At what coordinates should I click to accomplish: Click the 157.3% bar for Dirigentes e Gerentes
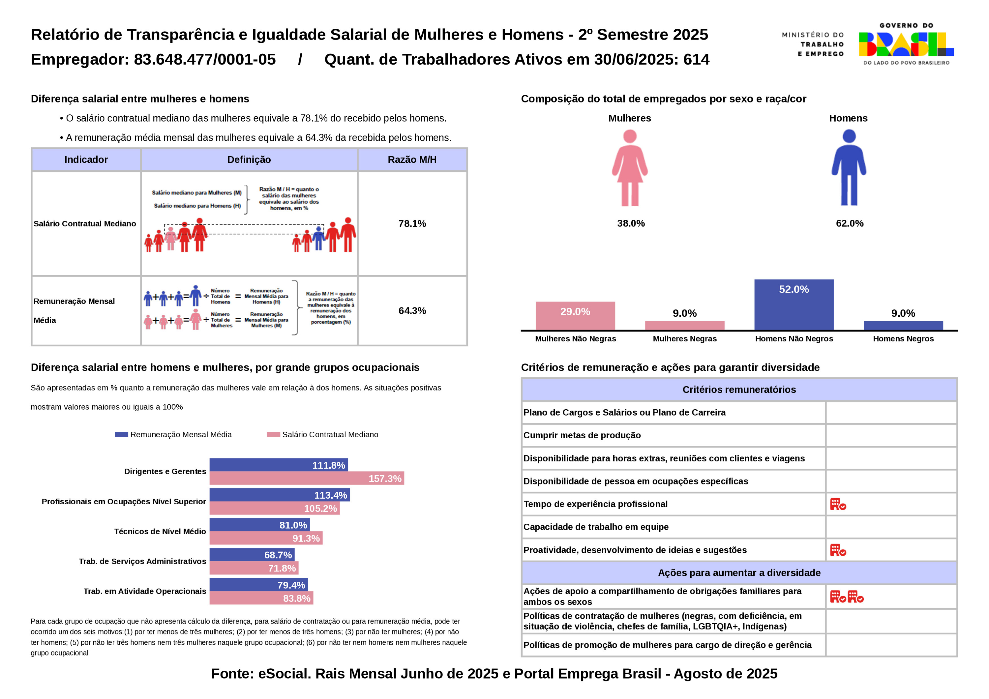[x=307, y=478]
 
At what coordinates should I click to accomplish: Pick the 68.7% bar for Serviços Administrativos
[x=252, y=555]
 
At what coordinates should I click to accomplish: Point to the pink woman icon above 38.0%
[x=630, y=168]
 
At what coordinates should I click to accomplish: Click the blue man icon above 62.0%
[x=849, y=168]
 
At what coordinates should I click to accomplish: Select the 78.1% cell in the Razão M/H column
[x=412, y=223]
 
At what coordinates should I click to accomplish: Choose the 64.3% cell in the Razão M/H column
[x=412, y=310]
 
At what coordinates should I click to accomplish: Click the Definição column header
[x=249, y=160]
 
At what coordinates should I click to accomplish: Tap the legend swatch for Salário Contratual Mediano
[x=274, y=435]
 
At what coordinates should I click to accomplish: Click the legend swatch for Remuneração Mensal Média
[x=121, y=435]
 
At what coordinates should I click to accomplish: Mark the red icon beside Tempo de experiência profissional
[x=838, y=504]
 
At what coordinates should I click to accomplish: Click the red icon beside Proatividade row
[x=838, y=550]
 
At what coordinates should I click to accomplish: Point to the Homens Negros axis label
[x=903, y=339]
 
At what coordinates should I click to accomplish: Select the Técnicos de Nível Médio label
[x=160, y=532]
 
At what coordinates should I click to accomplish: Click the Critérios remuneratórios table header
[x=739, y=390]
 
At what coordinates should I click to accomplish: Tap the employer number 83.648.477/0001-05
[x=205, y=59]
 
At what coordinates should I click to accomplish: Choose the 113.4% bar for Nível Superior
[x=280, y=495]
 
